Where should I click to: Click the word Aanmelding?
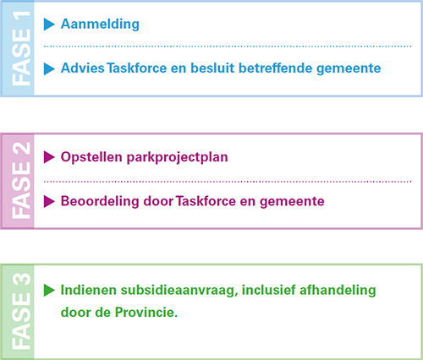[x=100, y=25]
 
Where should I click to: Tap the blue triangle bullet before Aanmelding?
[x=49, y=25]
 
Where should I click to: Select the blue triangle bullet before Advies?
[x=49, y=69]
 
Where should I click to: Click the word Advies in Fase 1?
[x=83, y=68]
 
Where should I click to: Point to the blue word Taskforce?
[x=137, y=68]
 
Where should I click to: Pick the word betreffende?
[x=276, y=68]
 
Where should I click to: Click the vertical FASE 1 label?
[x=21, y=49]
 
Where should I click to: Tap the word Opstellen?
[x=91, y=157]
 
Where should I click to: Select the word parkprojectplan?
[x=177, y=157]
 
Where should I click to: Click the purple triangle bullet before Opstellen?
[x=49, y=157]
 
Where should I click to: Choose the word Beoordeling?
[x=100, y=201]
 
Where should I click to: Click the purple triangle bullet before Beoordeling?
[x=49, y=202]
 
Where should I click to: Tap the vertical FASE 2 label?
[x=21, y=180]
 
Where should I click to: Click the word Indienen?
[x=89, y=290]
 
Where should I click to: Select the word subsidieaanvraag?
[x=179, y=291]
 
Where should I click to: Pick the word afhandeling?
[x=338, y=291]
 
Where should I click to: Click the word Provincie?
[x=146, y=313]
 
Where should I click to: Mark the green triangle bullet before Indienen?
[x=49, y=291]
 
